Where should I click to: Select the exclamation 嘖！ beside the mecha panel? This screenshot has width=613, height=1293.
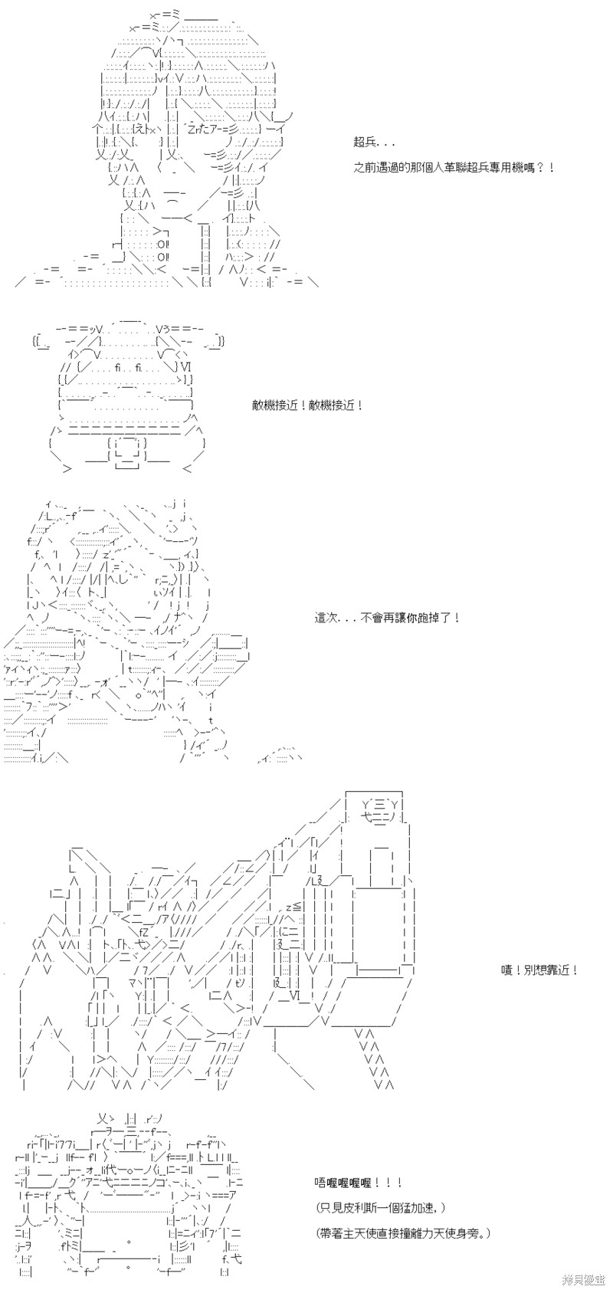point(511,970)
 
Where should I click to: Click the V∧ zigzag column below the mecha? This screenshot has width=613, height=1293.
point(375,1058)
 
